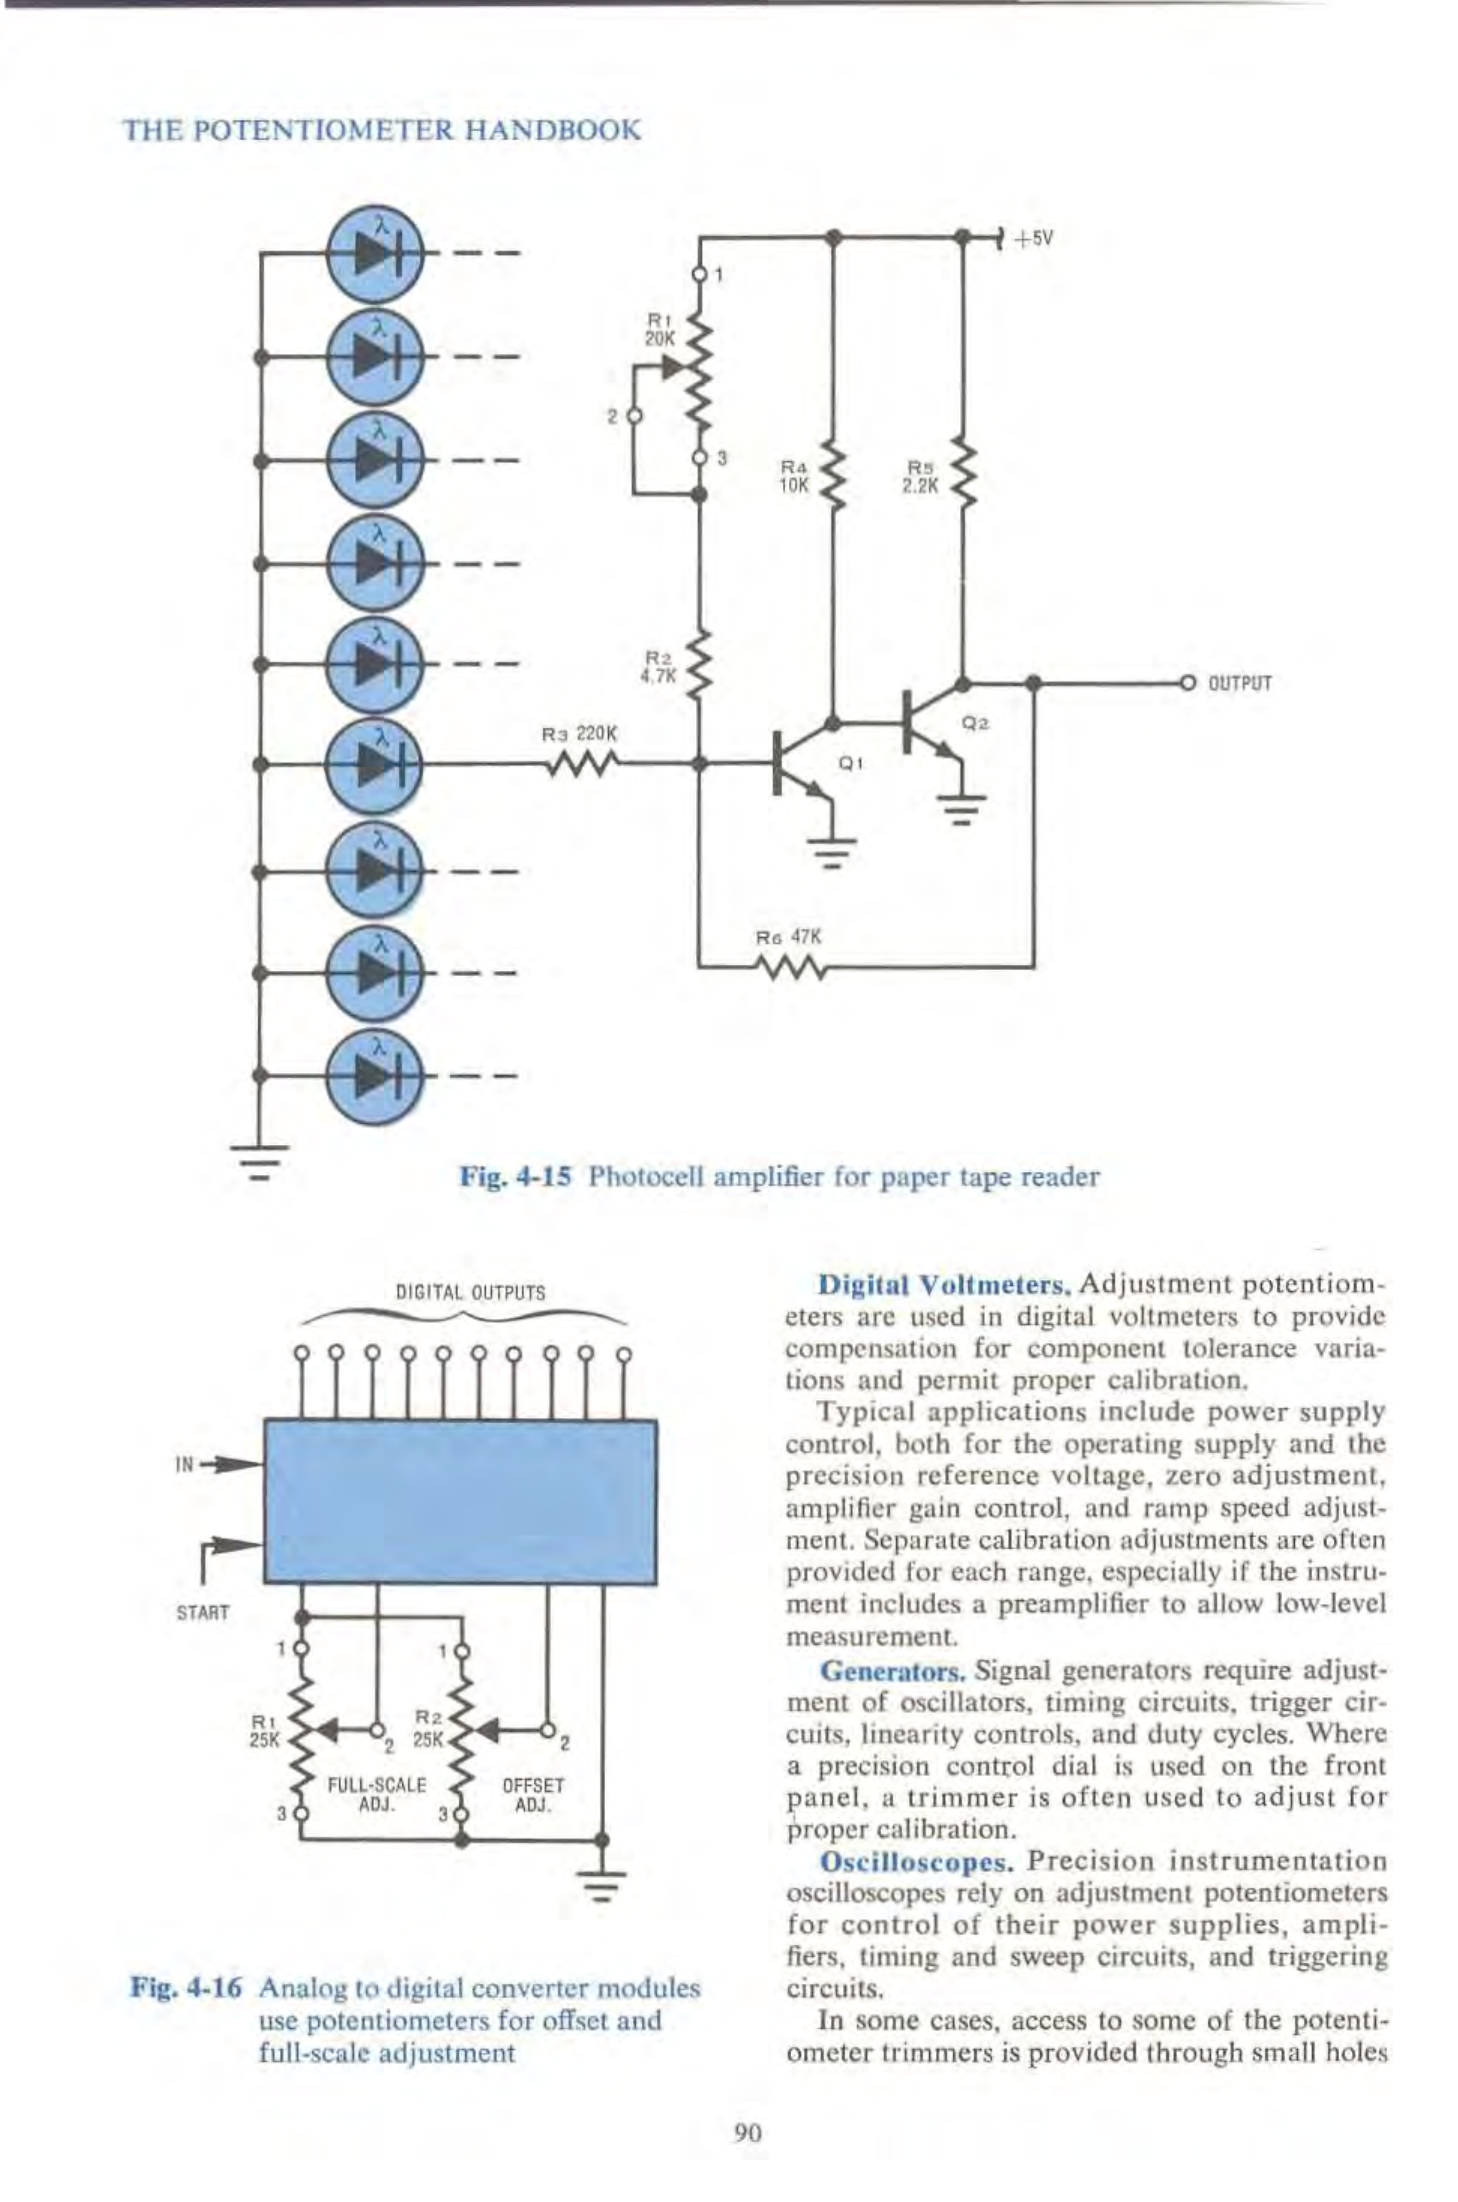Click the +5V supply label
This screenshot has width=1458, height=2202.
tap(1034, 239)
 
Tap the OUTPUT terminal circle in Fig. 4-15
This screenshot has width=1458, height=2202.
tap(1188, 683)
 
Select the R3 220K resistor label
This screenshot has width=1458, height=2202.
tap(581, 733)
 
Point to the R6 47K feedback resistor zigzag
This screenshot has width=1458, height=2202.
tap(790, 967)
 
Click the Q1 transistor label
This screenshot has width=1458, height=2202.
tap(850, 763)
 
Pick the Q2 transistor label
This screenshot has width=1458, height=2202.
tap(975, 721)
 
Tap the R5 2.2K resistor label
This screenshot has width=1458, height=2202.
tap(919, 473)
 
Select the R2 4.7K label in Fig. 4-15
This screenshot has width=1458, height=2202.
tap(659, 665)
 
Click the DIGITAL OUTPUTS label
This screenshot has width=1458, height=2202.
tap(470, 1292)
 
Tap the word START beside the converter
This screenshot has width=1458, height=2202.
tap(203, 1613)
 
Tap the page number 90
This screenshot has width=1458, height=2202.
tap(748, 2132)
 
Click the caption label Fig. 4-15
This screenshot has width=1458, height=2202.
tap(514, 1176)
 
